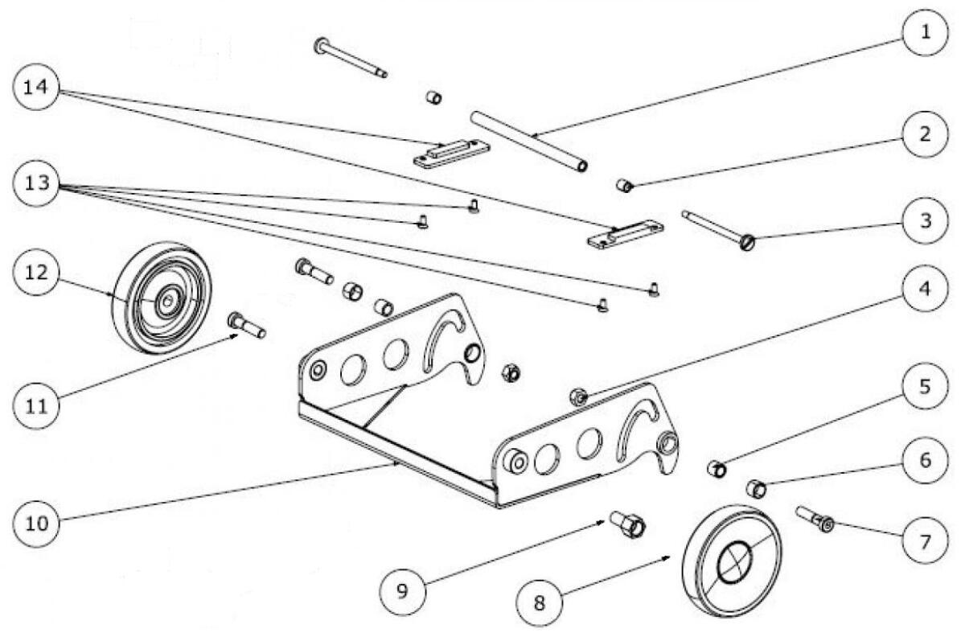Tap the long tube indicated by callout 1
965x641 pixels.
(x=532, y=140)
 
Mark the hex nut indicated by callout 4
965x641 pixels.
(x=577, y=396)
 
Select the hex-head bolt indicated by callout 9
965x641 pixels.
(x=629, y=524)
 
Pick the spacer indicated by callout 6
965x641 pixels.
(x=756, y=487)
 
